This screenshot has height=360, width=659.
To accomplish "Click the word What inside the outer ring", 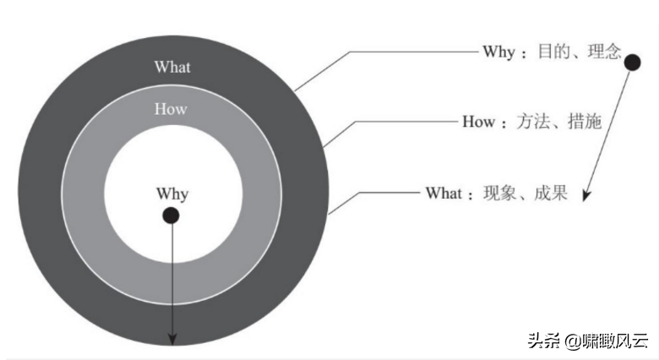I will [x=172, y=67].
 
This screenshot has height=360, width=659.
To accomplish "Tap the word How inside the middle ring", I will [x=171, y=109].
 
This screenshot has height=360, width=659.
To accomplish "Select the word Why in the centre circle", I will [x=172, y=194].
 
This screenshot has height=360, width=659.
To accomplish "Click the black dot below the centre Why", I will [x=171, y=215].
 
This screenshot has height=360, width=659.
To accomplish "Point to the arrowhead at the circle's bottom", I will [x=172, y=339].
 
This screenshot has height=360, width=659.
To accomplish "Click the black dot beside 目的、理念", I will [x=632, y=62].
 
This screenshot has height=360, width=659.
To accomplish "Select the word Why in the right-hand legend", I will [x=498, y=52].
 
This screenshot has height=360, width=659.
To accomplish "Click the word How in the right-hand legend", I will [x=478, y=122].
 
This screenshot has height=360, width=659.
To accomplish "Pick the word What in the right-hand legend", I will [x=444, y=194].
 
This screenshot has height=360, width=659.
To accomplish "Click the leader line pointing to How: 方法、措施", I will [x=397, y=122].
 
